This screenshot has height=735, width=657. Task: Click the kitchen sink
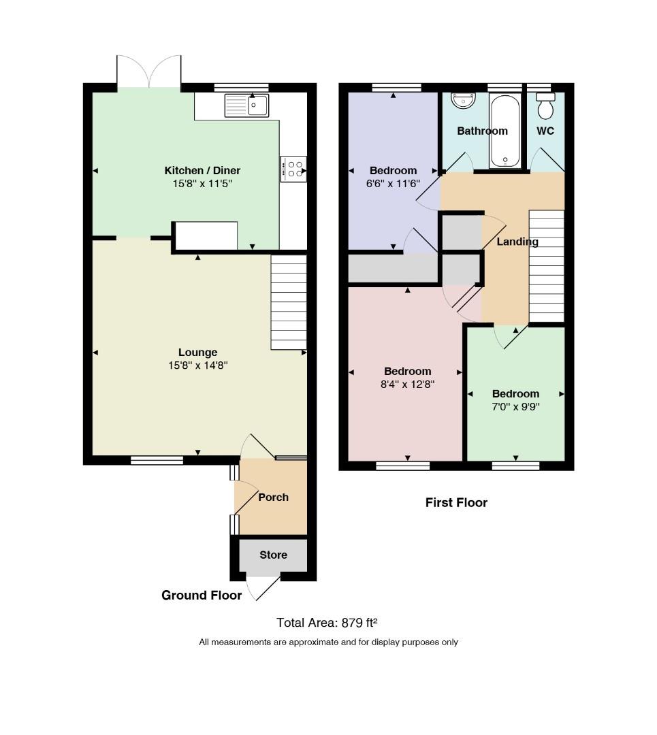point(246,105)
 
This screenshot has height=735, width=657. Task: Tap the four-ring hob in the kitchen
point(293,169)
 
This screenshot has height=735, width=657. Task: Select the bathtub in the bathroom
point(505,131)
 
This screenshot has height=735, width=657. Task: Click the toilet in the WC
point(545,106)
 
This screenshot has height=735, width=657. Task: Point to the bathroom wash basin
point(464,100)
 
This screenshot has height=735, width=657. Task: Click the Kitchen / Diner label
point(202,171)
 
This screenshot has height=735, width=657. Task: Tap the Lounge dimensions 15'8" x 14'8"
point(198,365)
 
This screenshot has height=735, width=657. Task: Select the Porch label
point(274,497)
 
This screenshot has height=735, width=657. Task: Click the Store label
point(274,555)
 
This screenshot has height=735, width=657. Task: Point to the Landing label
point(517,242)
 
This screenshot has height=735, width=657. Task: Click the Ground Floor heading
point(202,595)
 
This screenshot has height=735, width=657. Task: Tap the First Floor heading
point(456,502)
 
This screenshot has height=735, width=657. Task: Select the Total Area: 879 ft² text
point(327,623)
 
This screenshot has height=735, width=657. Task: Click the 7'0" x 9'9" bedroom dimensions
point(515,406)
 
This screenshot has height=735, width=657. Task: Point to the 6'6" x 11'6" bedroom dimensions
point(393,183)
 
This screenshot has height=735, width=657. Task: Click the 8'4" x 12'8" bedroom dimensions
point(408,385)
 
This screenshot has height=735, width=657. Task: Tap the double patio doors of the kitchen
point(149,71)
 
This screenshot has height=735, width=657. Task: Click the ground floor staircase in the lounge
point(289,302)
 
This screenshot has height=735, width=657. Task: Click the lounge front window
point(157,460)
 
